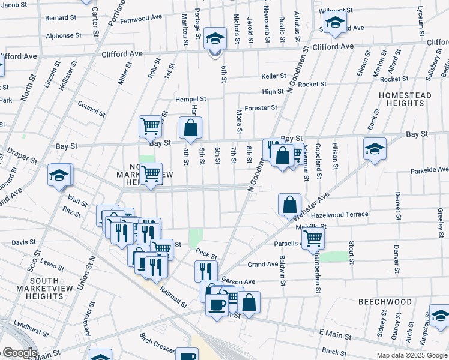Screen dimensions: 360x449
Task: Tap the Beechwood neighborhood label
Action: coord(386,301)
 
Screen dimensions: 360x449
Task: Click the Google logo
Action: coord(20,353)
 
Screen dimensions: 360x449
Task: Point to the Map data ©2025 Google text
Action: coord(411,355)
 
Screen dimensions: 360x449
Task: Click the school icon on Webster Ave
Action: coord(375,149)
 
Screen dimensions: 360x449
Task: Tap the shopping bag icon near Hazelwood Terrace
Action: coord(289,204)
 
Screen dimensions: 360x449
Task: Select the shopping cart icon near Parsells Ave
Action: coord(313,238)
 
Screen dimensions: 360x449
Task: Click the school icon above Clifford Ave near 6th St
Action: coord(214,39)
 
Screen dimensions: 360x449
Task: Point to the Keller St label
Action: coord(274,76)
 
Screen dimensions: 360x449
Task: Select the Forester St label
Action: coord(261,108)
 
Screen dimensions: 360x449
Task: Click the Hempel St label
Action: coord(190,99)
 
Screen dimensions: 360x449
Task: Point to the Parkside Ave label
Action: coord(430,170)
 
